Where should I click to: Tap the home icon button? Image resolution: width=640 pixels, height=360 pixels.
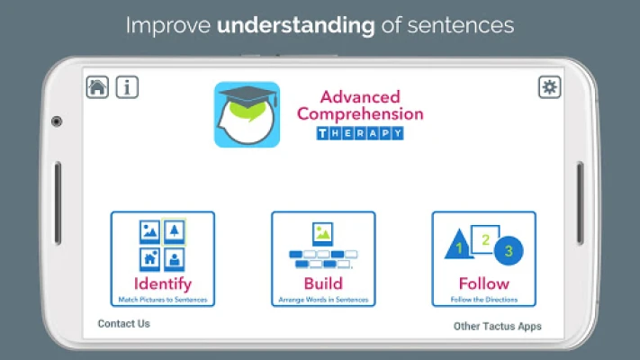click(97, 87)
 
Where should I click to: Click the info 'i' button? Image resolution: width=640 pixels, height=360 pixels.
click(127, 87)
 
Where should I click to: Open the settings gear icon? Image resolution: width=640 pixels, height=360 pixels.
click(549, 87)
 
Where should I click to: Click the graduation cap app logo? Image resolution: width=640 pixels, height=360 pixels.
click(247, 114)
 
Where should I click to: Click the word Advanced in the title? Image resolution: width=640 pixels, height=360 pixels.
click(360, 96)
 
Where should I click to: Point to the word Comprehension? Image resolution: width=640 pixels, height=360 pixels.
click(360, 114)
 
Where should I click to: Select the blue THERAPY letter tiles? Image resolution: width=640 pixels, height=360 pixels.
click(360, 133)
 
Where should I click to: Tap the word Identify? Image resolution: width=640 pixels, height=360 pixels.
click(162, 283)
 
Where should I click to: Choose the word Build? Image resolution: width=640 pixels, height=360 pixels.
click(323, 283)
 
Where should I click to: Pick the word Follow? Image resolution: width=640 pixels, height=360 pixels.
click(484, 283)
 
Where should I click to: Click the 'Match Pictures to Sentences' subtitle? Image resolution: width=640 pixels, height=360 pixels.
click(162, 300)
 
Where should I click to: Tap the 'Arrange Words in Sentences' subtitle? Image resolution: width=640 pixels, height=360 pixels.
click(323, 300)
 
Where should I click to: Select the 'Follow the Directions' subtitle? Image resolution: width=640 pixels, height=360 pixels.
click(484, 300)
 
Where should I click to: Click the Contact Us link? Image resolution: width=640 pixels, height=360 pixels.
click(123, 324)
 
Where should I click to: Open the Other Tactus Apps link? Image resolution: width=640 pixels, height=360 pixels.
click(497, 326)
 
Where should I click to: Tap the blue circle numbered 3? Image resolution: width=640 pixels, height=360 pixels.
click(509, 250)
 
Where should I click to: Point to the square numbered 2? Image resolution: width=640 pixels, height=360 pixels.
click(485, 239)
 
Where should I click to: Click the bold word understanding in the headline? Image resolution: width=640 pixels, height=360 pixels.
click(295, 25)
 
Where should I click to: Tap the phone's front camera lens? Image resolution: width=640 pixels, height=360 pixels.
click(57, 121)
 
